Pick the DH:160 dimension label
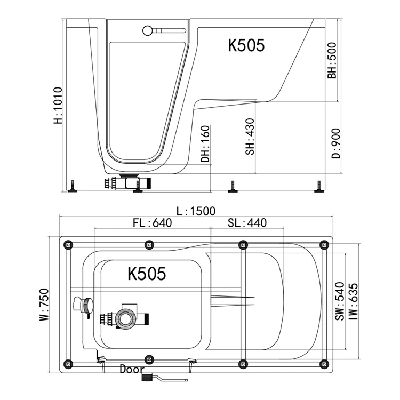[205, 144]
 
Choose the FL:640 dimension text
[152, 222]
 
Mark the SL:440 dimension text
[247, 222]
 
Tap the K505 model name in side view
[246, 45]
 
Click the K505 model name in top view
[147, 274]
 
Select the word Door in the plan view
[132, 369]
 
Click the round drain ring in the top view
[126, 319]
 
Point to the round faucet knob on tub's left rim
[85, 306]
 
